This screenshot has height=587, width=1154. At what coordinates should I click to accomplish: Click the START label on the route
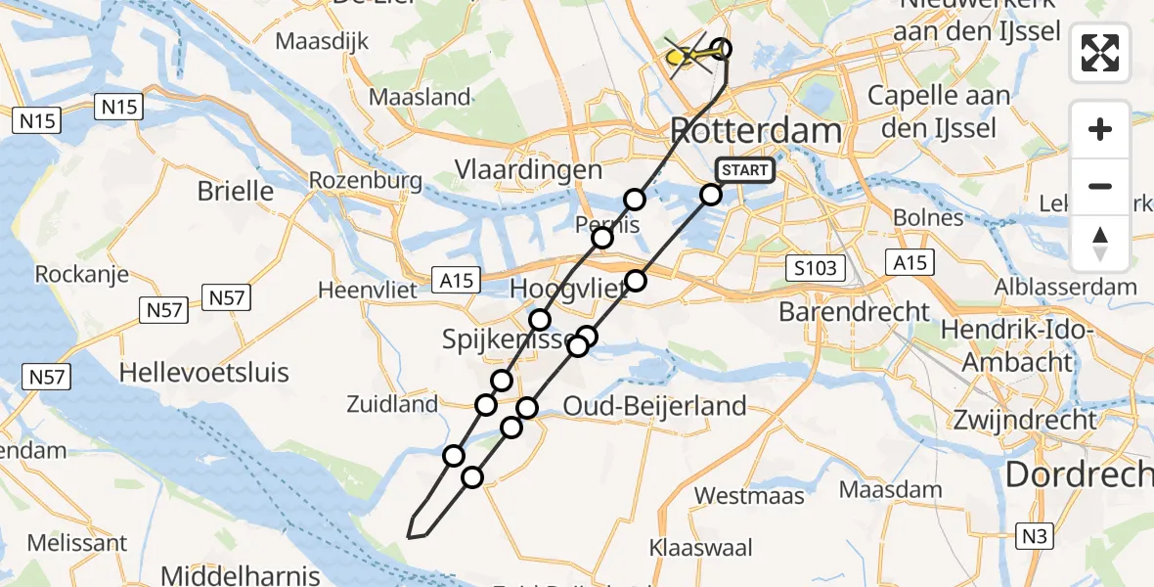pyautogui.click(x=745, y=170)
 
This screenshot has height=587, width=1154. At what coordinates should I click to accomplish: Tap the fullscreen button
pyautogui.click(x=1100, y=53)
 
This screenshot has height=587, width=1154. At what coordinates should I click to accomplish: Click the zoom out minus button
pyautogui.click(x=1100, y=186)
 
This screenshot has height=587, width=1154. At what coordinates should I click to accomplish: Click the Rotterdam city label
pyautogui.click(x=755, y=131)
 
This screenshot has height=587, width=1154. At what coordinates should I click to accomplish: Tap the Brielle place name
pyautogui.click(x=235, y=190)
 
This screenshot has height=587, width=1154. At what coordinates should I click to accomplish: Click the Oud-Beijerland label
pyautogui.click(x=654, y=404)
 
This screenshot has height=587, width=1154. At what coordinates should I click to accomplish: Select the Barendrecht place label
pyautogui.click(x=855, y=311)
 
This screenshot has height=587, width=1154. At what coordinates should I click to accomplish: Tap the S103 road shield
pyautogui.click(x=814, y=267)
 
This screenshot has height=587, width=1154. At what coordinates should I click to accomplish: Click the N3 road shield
pyautogui.click(x=1037, y=535)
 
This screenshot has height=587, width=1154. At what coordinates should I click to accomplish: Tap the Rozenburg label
pyautogui.click(x=365, y=180)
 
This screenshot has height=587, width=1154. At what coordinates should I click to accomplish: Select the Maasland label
pyautogui.click(x=420, y=98)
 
